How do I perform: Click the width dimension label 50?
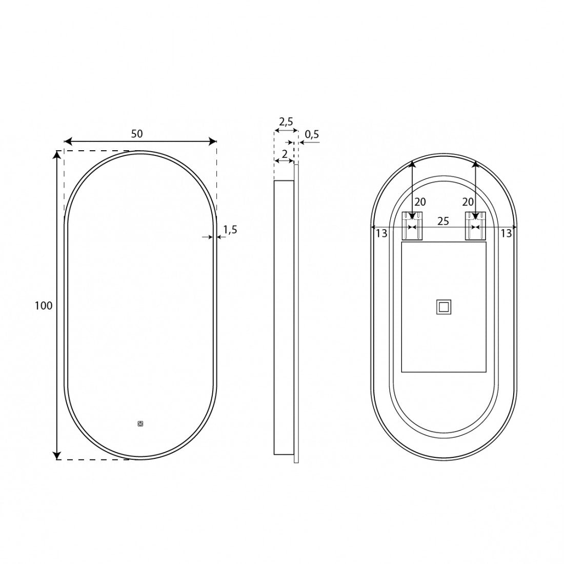[x=137, y=134]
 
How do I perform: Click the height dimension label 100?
[x=44, y=306]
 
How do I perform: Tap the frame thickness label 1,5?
[x=230, y=230]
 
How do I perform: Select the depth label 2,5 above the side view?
[x=286, y=122]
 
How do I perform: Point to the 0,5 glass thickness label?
[x=312, y=134]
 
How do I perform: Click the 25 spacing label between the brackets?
[x=443, y=221]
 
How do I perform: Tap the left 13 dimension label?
[x=381, y=233]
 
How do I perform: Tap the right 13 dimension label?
[x=506, y=233]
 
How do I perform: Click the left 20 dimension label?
[x=420, y=202]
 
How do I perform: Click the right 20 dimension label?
[x=468, y=202]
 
